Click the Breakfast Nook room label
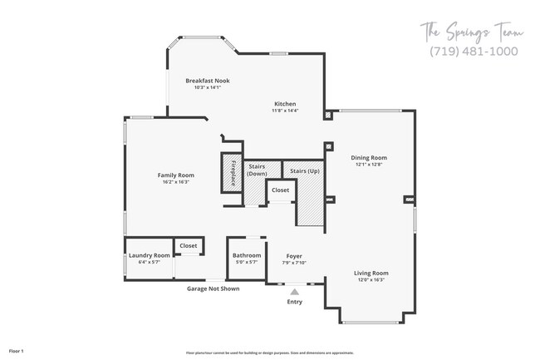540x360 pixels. [207, 81]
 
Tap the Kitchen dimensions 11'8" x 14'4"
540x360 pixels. [285, 110]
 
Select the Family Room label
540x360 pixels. [175, 175]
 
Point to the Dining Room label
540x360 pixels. [369, 157]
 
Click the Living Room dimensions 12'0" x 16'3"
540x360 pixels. [371, 279]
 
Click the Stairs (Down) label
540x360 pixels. [257, 170]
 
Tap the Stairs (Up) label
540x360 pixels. [304, 170]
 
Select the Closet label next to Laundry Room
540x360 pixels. [189, 245]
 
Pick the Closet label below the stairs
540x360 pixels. [280, 190]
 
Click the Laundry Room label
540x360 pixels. [150, 255]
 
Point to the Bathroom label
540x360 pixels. [246, 255]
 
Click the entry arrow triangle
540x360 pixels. [294, 291]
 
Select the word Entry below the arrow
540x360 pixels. [295, 302]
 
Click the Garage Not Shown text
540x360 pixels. [213, 289]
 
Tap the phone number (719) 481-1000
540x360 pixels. [474, 51]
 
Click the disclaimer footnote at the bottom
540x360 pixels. [269, 353]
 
